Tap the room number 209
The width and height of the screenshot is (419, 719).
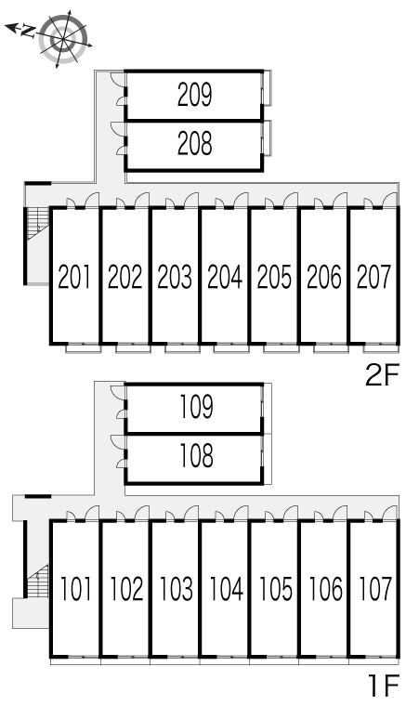pos(195,95)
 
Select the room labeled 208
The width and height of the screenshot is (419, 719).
pos(195,143)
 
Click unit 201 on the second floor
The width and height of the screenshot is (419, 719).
pos(74,276)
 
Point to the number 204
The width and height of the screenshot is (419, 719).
pos(225,276)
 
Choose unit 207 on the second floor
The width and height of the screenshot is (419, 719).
pos(374,276)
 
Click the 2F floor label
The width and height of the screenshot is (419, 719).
pos(383,374)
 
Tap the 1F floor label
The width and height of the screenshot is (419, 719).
pos(384,686)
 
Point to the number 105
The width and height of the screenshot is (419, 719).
pos(276,589)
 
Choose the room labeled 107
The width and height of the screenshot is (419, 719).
pos(375,589)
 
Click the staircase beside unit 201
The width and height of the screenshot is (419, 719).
pos(37,223)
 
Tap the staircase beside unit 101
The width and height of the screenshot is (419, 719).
pos(37,581)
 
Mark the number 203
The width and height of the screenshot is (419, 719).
pos(175,276)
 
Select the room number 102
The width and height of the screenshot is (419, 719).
pos(126,589)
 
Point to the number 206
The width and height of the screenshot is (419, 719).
pos(324,276)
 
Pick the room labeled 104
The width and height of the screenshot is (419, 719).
pos(226,589)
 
